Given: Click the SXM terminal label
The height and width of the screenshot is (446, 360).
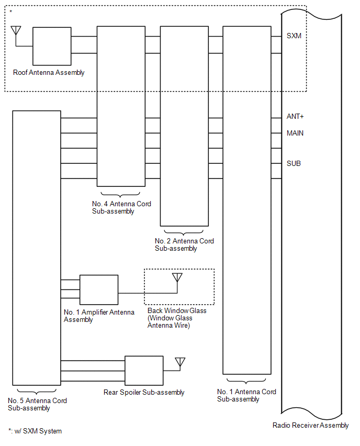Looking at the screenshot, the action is pyautogui.click(x=294, y=36).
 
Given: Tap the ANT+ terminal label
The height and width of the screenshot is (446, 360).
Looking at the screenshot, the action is pyautogui.click(x=295, y=116).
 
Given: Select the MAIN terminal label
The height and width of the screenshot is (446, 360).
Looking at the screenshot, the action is pyautogui.click(x=295, y=133).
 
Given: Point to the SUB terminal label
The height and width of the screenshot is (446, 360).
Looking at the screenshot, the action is pyautogui.click(x=294, y=163).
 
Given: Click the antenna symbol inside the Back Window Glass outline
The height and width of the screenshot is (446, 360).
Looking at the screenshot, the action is pyautogui.click(x=177, y=278).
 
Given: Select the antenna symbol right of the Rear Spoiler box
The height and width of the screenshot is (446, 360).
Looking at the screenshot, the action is pyautogui.click(x=180, y=362).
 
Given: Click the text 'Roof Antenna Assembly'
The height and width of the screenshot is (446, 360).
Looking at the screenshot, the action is pyautogui.click(x=49, y=73).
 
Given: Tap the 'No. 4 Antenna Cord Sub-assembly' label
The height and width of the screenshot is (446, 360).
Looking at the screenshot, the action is pyautogui.click(x=121, y=207).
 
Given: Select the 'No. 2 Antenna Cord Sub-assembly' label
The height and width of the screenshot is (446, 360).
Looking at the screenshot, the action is pyautogui.click(x=184, y=244).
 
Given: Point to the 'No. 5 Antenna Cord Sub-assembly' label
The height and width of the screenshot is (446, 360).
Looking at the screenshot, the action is pyautogui.click(x=37, y=404).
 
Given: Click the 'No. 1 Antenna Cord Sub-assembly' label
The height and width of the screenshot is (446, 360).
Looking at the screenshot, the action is pyautogui.click(x=246, y=395).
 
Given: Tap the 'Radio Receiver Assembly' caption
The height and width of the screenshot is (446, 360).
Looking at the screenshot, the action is pyautogui.click(x=310, y=425).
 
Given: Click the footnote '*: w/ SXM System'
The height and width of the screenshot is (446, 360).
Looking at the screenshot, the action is pyautogui.click(x=35, y=431).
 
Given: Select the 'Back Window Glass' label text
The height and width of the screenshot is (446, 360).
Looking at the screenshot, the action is pyautogui.click(x=177, y=310).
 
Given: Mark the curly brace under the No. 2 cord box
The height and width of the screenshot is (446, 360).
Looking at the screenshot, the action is pyautogui.click(x=184, y=232).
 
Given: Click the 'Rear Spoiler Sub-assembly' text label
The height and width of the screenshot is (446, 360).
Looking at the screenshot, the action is pyautogui.click(x=144, y=392).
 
